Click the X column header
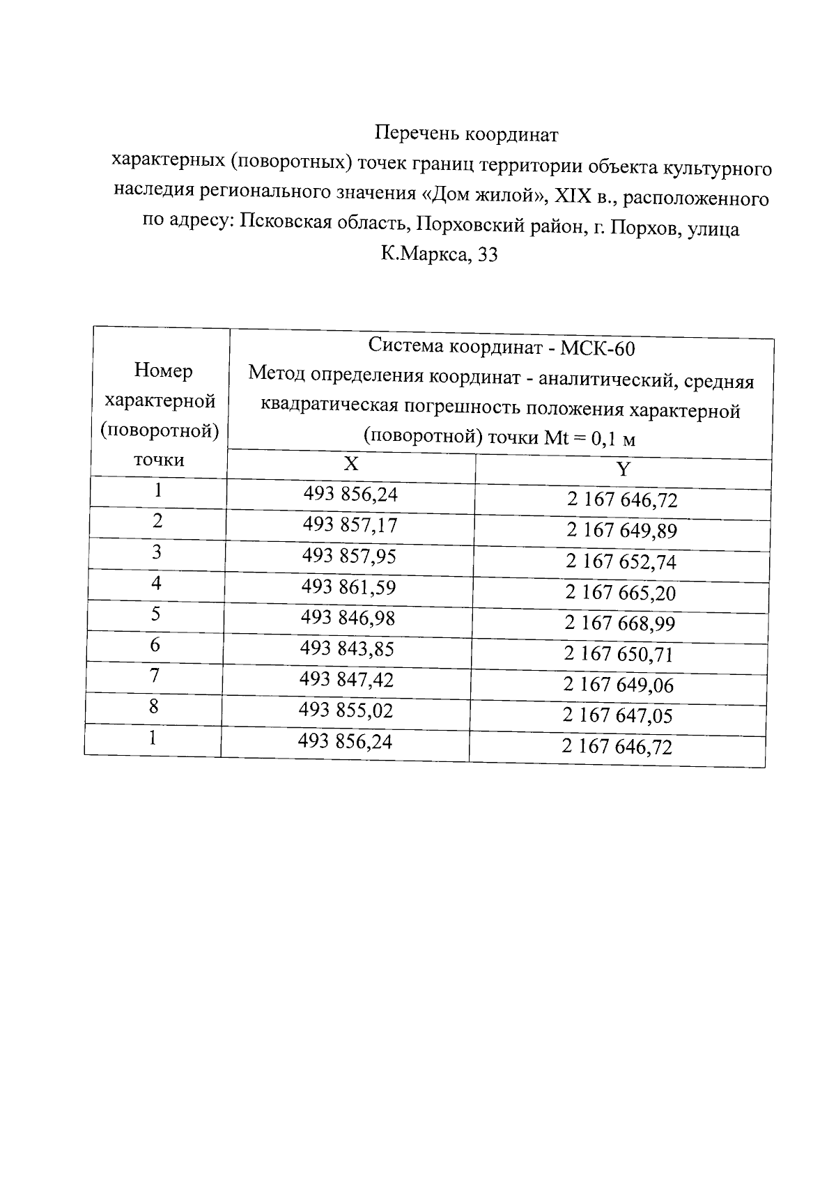click(x=352, y=465)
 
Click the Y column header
click(x=623, y=469)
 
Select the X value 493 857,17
click(x=350, y=524)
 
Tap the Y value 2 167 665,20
click(x=620, y=593)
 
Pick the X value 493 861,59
click(x=348, y=587)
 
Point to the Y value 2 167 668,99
click(x=619, y=623)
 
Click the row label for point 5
click(x=155, y=614)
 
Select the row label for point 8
click(x=153, y=706)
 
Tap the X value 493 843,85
click(x=347, y=648)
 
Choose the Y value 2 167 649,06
click(x=619, y=685)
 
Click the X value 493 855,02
click(x=346, y=710)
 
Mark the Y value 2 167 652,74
click(x=621, y=562)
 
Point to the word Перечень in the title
click(x=417, y=132)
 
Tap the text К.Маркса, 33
click(x=439, y=255)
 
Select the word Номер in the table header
click(x=163, y=371)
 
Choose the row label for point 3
click(x=157, y=552)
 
